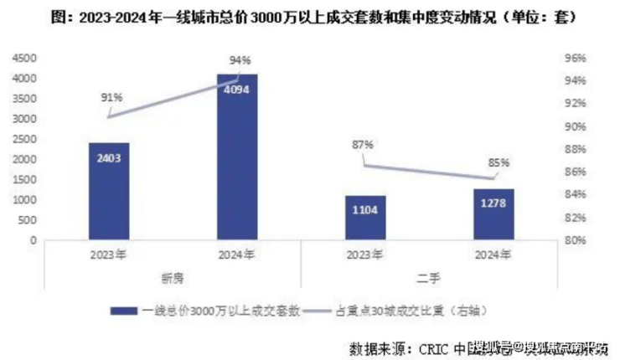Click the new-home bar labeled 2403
point(109,191)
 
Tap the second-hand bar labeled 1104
point(365,218)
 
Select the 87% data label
point(362,144)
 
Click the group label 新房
point(173,278)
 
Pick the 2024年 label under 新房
point(237,256)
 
